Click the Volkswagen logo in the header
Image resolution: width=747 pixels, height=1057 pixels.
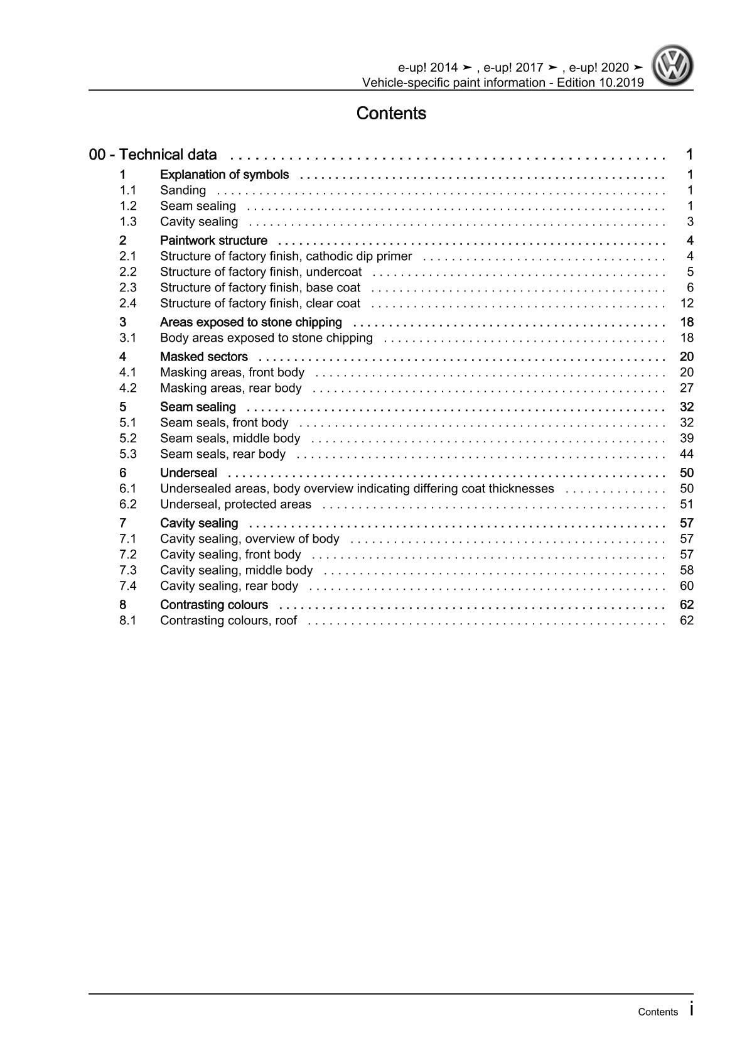click(672, 65)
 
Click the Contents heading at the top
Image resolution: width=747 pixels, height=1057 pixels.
click(391, 114)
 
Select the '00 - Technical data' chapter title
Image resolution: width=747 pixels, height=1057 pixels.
click(153, 154)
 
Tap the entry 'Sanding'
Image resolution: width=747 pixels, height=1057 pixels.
click(183, 190)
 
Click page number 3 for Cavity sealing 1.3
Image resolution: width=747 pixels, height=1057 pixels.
click(690, 222)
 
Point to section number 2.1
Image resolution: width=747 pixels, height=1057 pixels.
click(128, 256)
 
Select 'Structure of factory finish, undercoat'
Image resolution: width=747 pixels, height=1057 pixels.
click(261, 272)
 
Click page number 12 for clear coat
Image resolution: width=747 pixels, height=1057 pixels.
click(687, 303)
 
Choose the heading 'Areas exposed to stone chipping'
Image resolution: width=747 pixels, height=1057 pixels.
click(250, 322)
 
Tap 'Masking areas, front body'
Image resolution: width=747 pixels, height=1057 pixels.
click(232, 372)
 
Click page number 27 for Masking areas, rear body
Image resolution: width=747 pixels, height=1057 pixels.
click(687, 388)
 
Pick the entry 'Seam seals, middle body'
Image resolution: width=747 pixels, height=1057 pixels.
click(230, 438)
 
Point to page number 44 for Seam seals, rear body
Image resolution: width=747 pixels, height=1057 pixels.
click(687, 454)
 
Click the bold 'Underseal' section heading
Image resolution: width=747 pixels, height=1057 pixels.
click(188, 473)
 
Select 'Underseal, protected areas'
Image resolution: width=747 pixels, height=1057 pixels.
click(235, 504)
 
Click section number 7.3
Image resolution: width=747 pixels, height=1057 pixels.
click(128, 570)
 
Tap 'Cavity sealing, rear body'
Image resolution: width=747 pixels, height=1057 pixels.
click(228, 586)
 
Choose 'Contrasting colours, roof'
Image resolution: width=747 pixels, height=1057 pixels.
click(228, 621)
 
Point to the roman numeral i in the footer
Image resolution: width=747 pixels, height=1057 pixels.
click(691, 1010)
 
